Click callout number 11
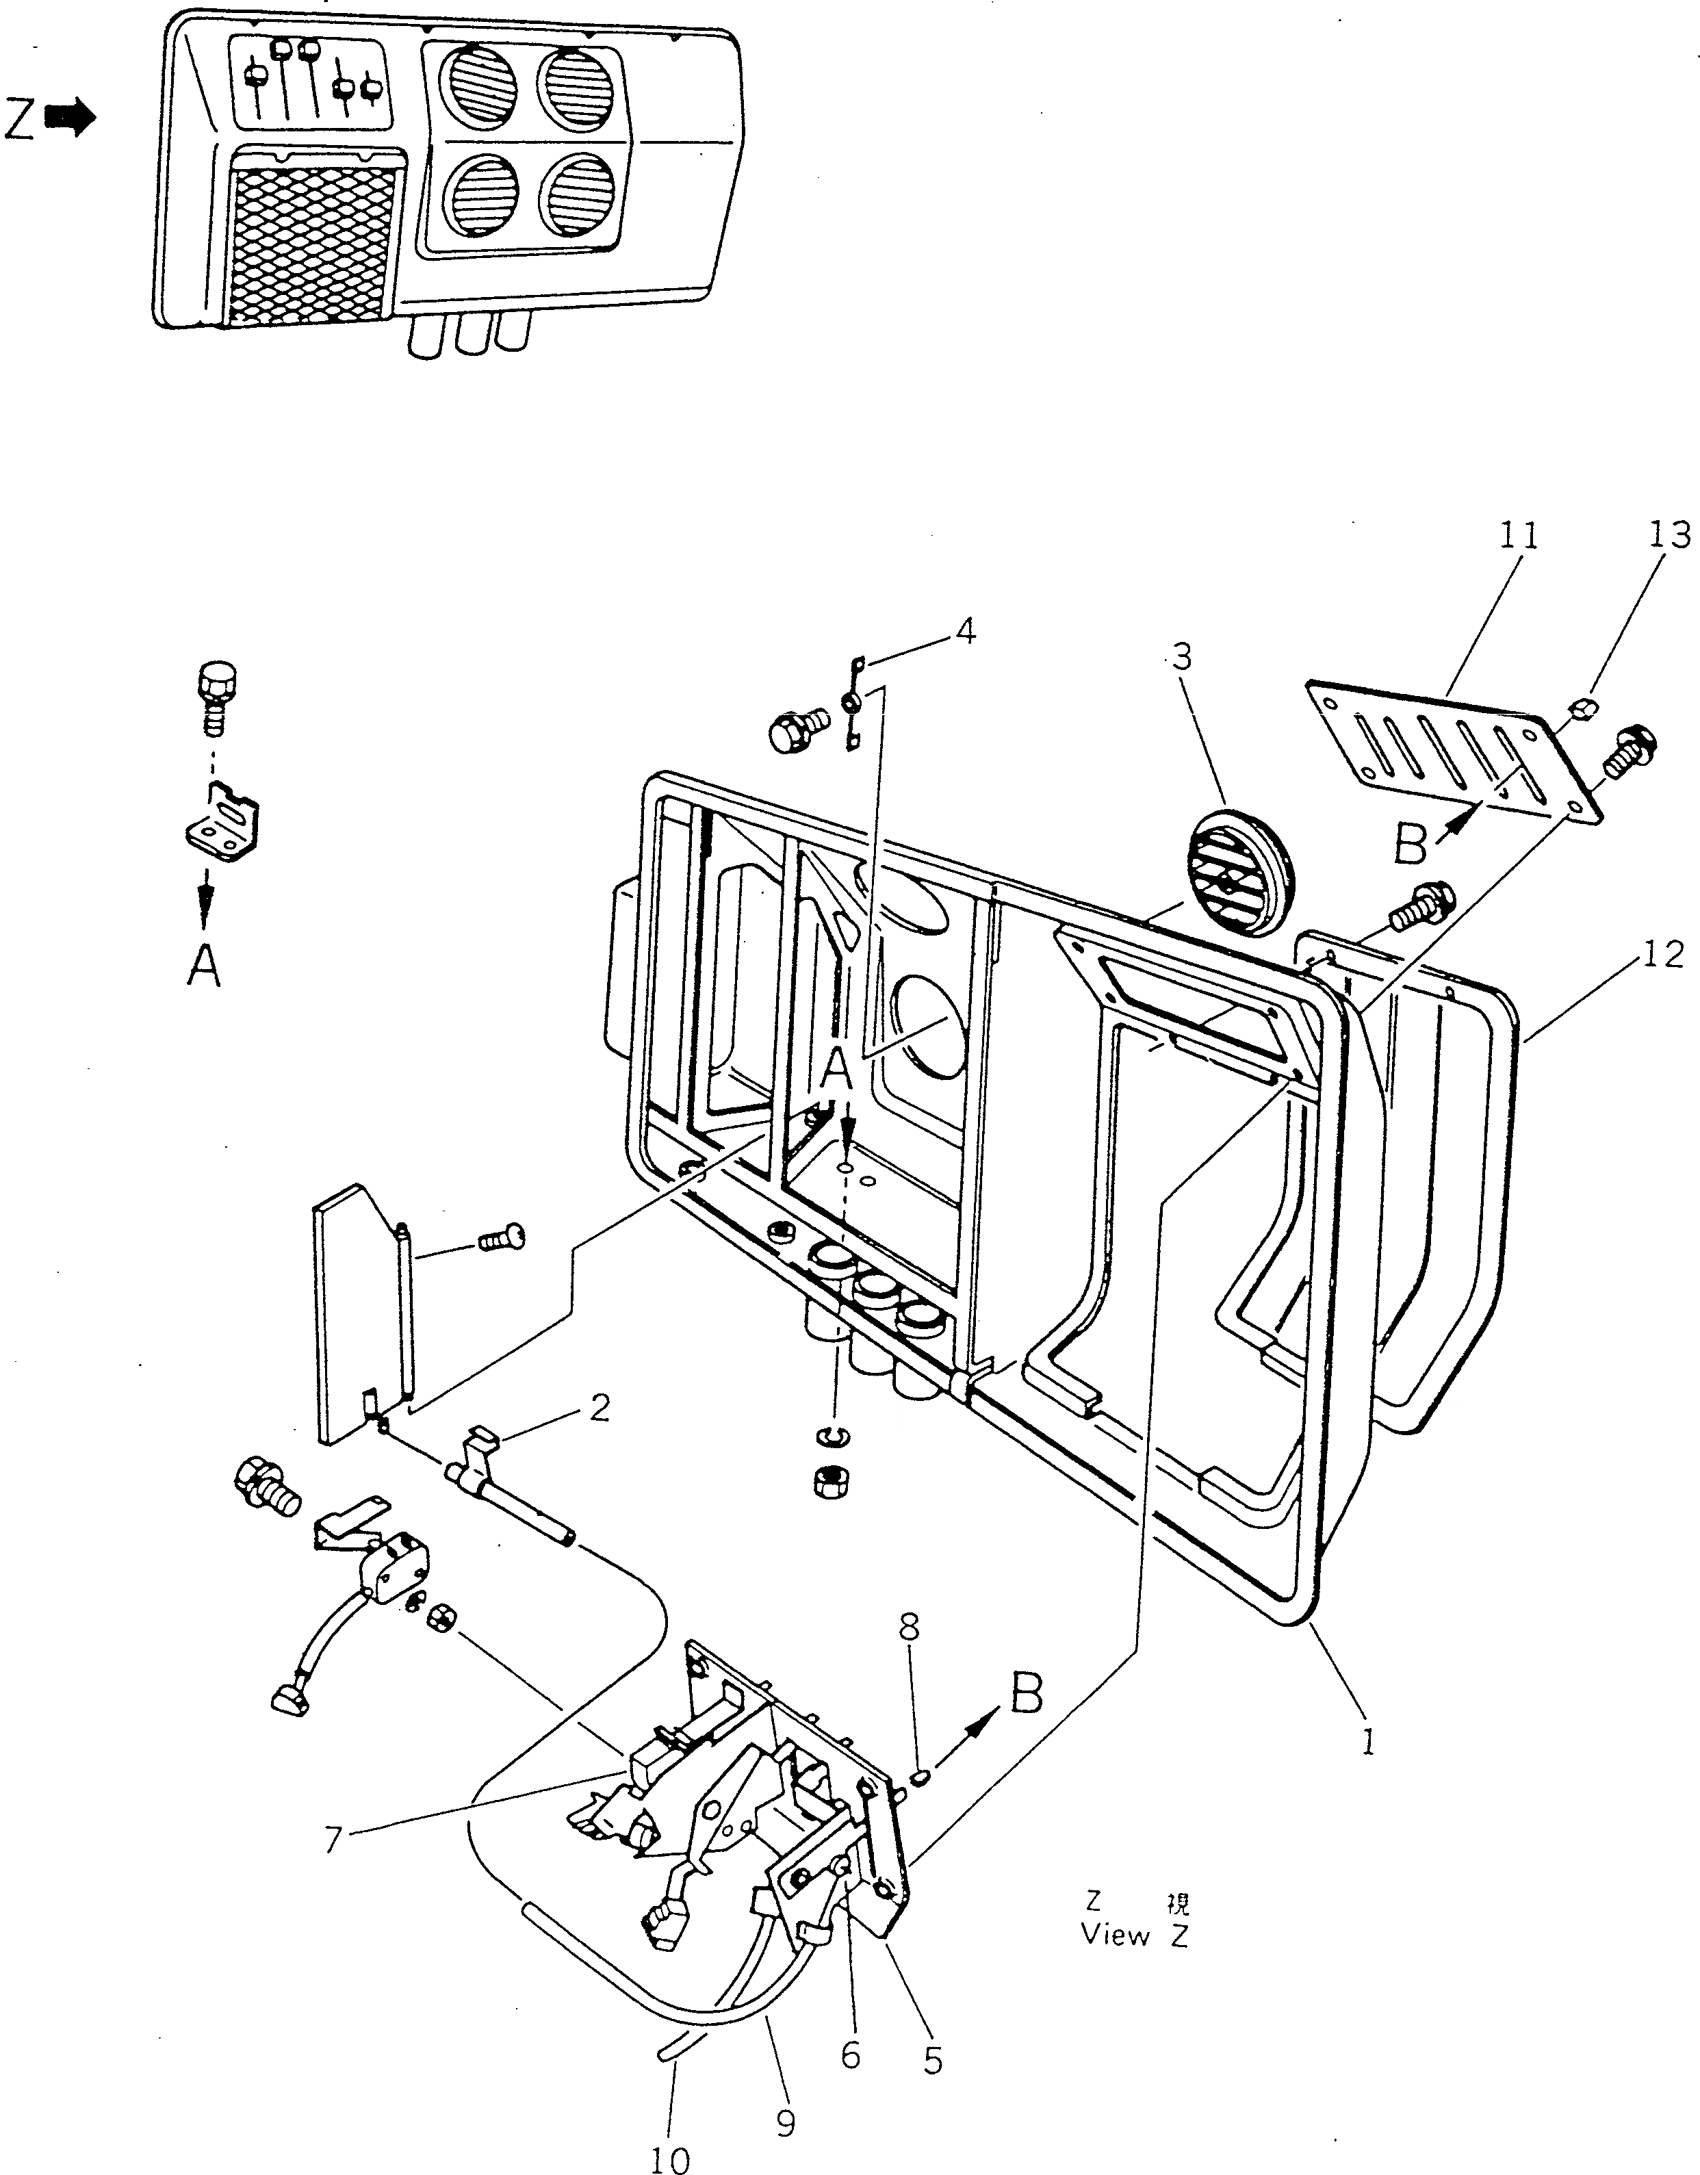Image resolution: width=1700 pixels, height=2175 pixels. pos(1519,537)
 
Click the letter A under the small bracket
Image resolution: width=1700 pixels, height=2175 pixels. pos(204,965)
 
